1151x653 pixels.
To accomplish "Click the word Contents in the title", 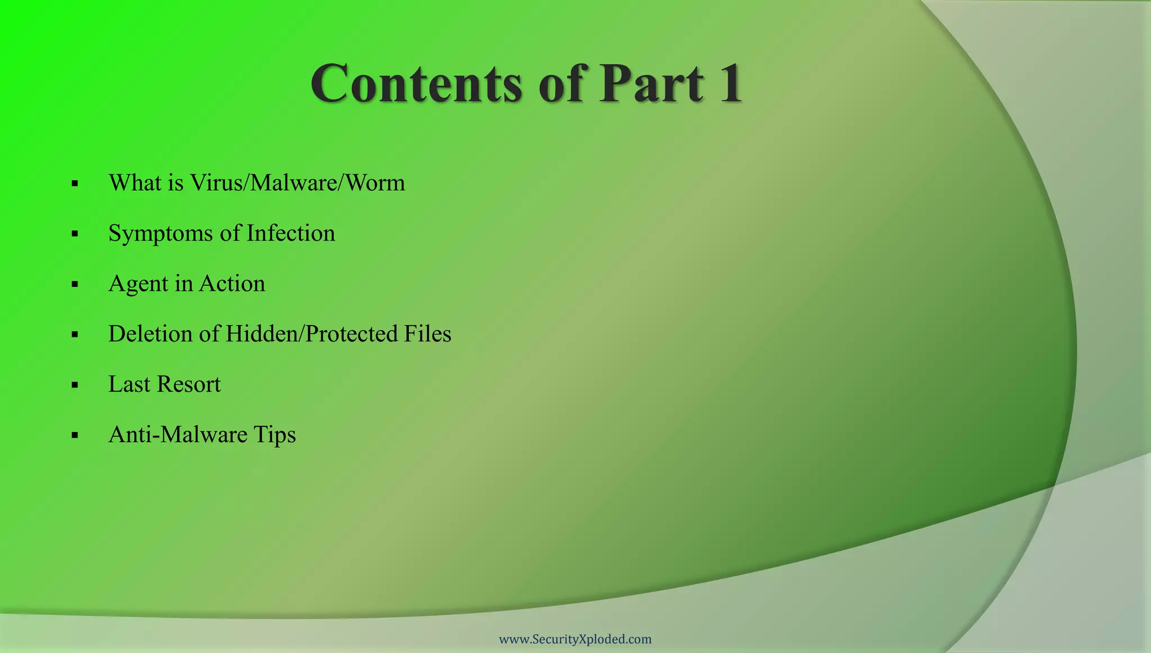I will coord(416,84).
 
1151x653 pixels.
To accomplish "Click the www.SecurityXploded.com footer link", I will coord(575,639).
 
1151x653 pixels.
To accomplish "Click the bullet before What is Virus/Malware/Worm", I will coord(75,184).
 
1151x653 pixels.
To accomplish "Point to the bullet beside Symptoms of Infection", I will coord(75,234).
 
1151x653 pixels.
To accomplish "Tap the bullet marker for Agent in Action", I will coord(75,285).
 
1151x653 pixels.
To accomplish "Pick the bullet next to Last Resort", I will coord(75,385).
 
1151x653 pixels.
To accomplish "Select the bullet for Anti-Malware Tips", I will coord(75,435).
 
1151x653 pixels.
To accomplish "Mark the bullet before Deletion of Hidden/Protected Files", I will coord(75,335).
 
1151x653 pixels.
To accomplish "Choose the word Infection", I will coord(291,233).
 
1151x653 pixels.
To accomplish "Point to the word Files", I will coord(427,334).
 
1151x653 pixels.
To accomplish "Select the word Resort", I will coord(189,385).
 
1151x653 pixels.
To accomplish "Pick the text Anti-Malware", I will coord(178,435).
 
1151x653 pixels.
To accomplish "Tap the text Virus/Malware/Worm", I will coord(297,183).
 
